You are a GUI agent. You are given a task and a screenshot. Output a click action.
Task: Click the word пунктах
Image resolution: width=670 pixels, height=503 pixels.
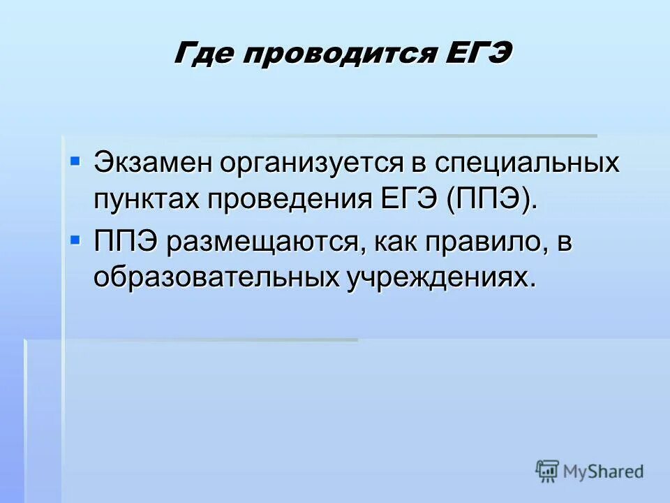coord(144,199)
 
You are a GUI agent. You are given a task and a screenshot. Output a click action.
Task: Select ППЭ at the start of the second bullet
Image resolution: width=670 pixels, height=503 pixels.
coord(128,242)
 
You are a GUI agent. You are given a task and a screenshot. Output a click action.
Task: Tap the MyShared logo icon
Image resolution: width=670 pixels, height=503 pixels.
coord(547,472)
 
